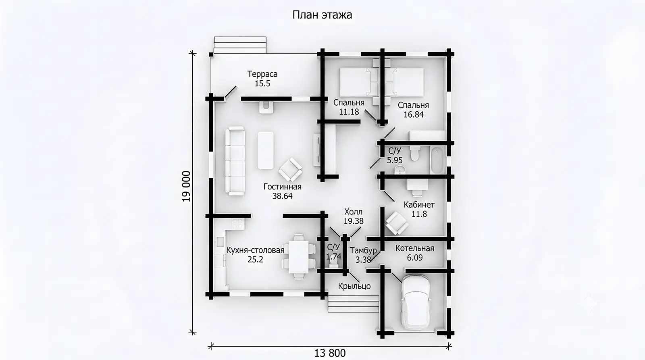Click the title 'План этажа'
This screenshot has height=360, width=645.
click(322, 15)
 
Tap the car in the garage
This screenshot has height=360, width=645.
click(416, 302)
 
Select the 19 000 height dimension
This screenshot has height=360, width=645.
click(186, 186)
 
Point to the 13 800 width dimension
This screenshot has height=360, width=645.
click(330, 353)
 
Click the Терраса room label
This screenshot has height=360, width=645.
click(262, 74)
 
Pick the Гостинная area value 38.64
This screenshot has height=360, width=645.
click(282, 196)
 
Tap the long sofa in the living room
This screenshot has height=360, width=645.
click(235, 161)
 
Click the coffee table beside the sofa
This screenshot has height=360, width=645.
click(266, 150)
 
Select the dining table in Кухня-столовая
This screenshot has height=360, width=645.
click(299, 257)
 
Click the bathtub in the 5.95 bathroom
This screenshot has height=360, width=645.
click(437, 160)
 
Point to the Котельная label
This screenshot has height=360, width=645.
click(415, 248)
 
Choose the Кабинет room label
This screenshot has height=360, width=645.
click(419, 205)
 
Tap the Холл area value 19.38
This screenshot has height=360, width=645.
click(354, 221)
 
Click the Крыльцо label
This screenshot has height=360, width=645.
click(354, 286)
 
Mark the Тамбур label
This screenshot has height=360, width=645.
click(363, 251)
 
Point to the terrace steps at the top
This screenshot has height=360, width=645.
click(240, 45)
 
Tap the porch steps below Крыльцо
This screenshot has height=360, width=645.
click(353, 304)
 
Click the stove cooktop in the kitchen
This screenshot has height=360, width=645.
click(238, 224)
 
